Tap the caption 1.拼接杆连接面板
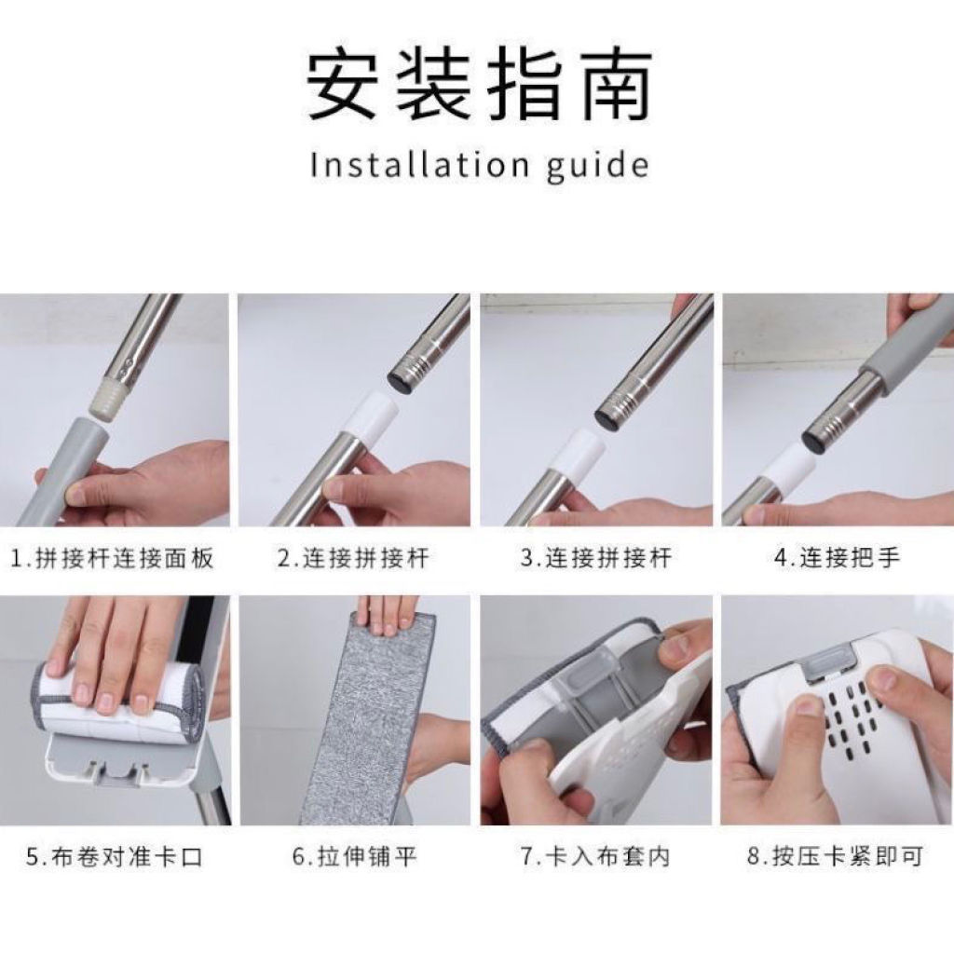coord(113,558)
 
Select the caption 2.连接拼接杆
coord(353,558)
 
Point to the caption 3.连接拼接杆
coord(596,558)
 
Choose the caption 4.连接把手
coord(838,558)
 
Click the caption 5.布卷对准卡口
coord(115,857)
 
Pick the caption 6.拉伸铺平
coord(355,857)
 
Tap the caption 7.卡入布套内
coord(595,857)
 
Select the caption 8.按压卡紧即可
coord(836,857)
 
